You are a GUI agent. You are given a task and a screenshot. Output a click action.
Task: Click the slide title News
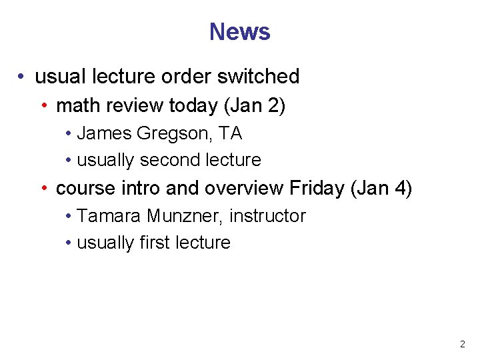[239, 31]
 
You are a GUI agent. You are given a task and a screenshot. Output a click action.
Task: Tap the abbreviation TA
[231, 134]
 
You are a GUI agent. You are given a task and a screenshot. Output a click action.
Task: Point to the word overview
[244, 189]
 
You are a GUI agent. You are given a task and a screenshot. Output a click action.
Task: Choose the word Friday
[316, 189]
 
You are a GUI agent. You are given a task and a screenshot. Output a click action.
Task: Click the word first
[155, 243]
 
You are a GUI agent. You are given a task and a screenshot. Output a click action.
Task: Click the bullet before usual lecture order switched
[23, 77]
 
